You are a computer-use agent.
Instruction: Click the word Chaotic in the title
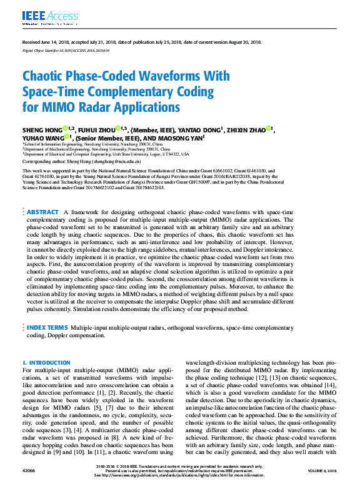click(x=46, y=76)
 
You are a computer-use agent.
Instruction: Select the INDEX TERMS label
click(x=47, y=327)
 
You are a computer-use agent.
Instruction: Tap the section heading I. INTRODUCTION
click(x=46, y=363)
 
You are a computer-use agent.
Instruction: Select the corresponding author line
click(x=81, y=161)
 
